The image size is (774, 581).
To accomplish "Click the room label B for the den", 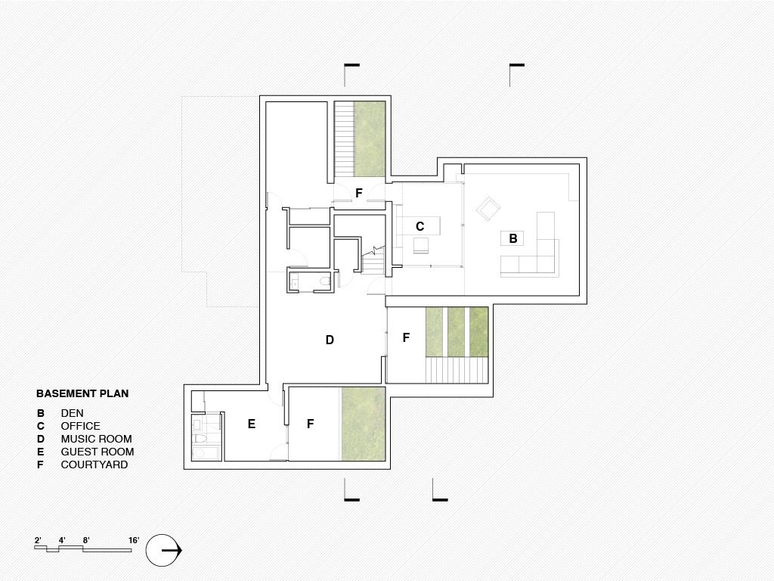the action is pyautogui.click(x=513, y=238).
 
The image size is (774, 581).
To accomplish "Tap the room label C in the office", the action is pyautogui.click(x=420, y=226).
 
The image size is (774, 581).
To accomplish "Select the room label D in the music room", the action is pyautogui.click(x=330, y=340).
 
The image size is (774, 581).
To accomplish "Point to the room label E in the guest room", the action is pyautogui.click(x=251, y=424).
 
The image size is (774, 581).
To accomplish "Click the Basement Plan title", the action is pyautogui.click(x=82, y=393).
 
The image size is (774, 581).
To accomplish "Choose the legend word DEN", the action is pyautogui.click(x=72, y=413).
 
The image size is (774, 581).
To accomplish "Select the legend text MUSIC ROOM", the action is pyautogui.click(x=96, y=439).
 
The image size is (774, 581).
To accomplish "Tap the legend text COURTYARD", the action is pyautogui.click(x=94, y=464).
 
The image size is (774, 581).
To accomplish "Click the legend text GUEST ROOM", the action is pyautogui.click(x=98, y=452).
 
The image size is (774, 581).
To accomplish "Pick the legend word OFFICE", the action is pyautogui.click(x=80, y=426).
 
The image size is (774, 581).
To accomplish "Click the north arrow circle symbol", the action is pyautogui.click(x=163, y=551).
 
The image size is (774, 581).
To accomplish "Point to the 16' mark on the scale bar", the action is pyautogui.click(x=134, y=540).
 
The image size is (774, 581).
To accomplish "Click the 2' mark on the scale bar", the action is pyautogui.click(x=38, y=540).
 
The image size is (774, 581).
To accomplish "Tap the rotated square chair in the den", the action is pyautogui.click(x=488, y=209).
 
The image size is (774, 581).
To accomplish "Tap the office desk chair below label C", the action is pyautogui.click(x=421, y=246).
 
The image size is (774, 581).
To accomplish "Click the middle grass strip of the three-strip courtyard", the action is pyautogui.click(x=456, y=331).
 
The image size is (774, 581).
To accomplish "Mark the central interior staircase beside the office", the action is pyautogui.click(x=373, y=260).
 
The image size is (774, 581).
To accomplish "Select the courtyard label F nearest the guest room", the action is pyautogui.click(x=310, y=424).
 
